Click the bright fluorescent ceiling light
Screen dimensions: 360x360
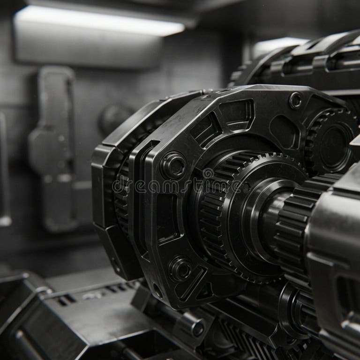[98, 20]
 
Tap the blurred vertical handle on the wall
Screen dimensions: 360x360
[52, 145]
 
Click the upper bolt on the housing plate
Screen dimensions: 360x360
[173, 165]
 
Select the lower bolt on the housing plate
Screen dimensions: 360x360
[180, 269]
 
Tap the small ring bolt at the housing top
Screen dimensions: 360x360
[295, 100]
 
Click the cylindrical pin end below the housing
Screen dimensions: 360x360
[197, 328]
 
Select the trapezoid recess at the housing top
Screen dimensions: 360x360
[237, 112]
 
